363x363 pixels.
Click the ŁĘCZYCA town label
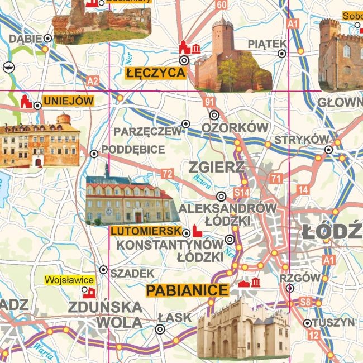155,73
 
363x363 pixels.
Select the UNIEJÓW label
68,102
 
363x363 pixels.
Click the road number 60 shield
222,5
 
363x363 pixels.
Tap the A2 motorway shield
93,82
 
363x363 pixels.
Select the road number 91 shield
209,102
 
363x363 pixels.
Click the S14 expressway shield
241,193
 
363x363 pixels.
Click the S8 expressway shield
304,303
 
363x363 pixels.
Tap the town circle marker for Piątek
282,54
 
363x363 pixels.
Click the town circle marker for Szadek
103,270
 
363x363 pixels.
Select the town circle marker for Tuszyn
307,323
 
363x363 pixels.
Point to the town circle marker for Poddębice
94,154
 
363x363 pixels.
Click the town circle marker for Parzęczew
186,124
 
